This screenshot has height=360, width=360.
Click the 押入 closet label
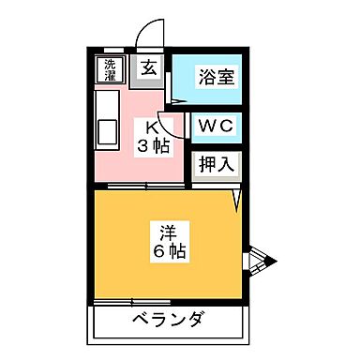pyautogui.click(x=216, y=163)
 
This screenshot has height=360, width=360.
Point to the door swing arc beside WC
pyautogui.click(x=166, y=122)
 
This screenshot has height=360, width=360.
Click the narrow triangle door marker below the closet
pyautogui.click(x=238, y=198)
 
